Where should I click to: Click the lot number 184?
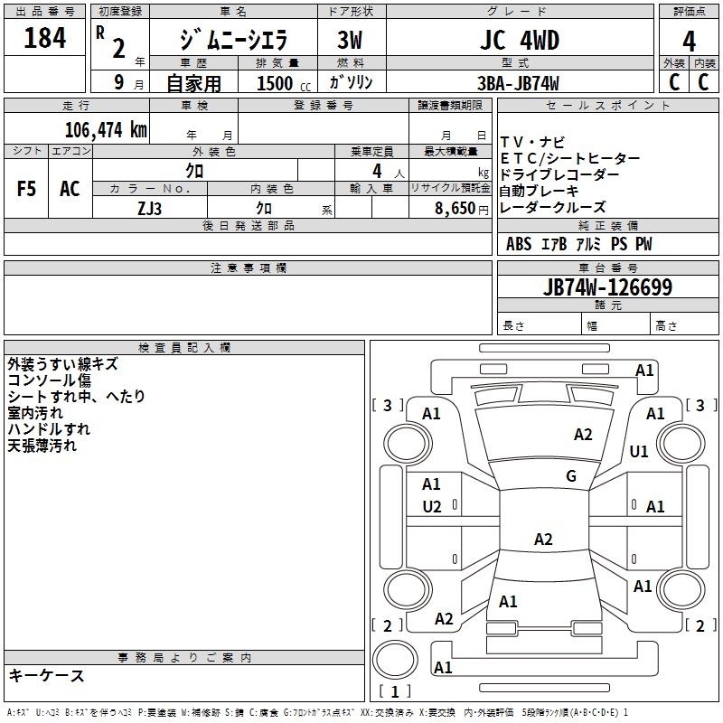point(44,38)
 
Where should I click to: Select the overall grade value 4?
point(689,41)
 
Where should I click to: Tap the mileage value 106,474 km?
point(106,130)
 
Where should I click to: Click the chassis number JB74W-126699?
point(607,286)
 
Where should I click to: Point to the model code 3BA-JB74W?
point(518,83)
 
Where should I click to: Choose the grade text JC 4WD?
point(520,40)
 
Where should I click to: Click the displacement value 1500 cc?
point(284,83)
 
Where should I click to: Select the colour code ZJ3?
point(149,209)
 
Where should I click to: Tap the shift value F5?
point(26,189)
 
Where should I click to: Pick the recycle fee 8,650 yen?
point(461,209)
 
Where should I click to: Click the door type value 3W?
point(350,40)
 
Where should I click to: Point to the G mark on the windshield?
point(571,476)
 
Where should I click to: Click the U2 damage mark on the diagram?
point(432,507)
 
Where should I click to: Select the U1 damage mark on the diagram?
point(639,452)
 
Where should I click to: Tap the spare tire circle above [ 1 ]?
point(395,659)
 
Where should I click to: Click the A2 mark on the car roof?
point(543,539)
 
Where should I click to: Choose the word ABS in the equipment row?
point(519,244)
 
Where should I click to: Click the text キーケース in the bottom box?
point(46,675)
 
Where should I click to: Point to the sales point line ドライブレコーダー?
point(559,174)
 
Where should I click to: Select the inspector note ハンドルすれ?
point(49,428)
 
